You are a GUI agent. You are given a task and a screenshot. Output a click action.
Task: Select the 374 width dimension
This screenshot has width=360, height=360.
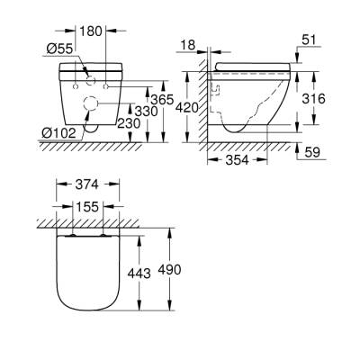[x=86, y=186]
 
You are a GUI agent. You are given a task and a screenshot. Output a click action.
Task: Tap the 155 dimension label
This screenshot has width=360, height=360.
[x=86, y=205]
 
